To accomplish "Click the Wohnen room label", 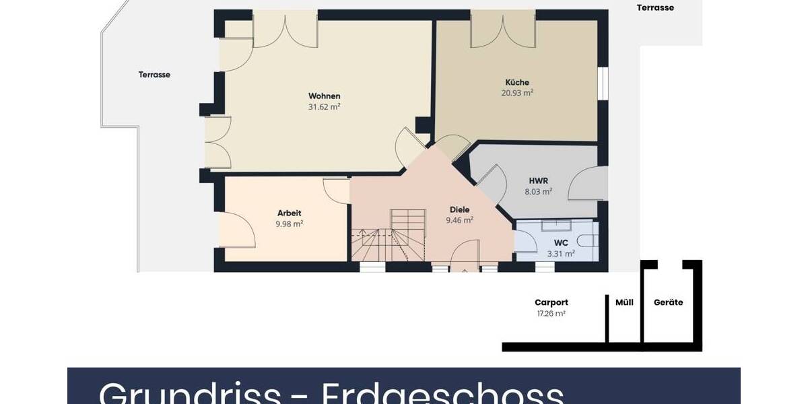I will pyautogui.click(x=325, y=96).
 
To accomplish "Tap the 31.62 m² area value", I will pyautogui.click(x=325, y=106).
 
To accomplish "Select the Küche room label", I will pyautogui.click(x=517, y=82).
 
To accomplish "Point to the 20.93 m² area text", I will pyautogui.click(x=517, y=93).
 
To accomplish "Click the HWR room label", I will pyautogui.click(x=539, y=180).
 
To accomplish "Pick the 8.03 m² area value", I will pyautogui.click(x=539, y=191).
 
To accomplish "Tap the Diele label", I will pyautogui.click(x=460, y=209).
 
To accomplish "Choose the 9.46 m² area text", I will pyautogui.click(x=460, y=220).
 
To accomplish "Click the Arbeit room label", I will pyautogui.click(x=289, y=213).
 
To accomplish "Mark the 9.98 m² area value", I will pyautogui.click(x=289, y=224).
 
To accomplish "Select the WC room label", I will pyautogui.click(x=561, y=242).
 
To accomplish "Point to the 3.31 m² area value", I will pyautogui.click(x=561, y=254).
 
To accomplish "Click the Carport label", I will pyautogui.click(x=551, y=302).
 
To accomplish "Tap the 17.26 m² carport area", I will pyautogui.click(x=551, y=313).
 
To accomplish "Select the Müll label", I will pyautogui.click(x=624, y=302).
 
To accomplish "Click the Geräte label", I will pyautogui.click(x=669, y=302).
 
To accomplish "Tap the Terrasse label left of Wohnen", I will pyautogui.click(x=155, y=75).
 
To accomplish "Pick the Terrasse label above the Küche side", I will pyautogui.click(x=655, y=8).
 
